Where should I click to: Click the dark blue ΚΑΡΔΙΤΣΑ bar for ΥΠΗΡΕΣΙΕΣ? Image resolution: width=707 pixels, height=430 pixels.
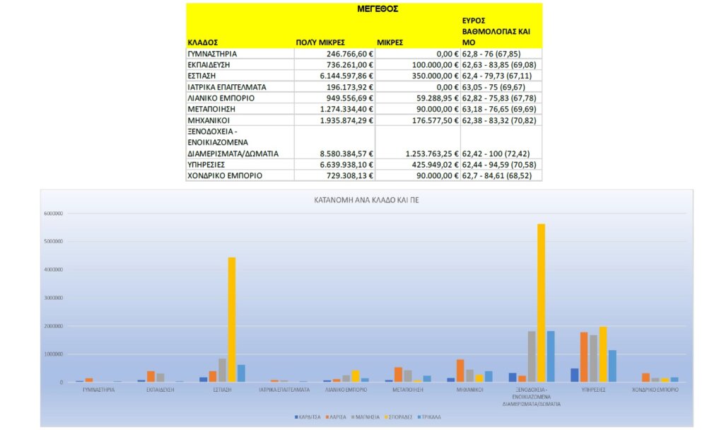[x=574, y=375]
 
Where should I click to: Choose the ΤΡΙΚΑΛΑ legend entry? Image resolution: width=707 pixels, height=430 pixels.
[x=429, y=417]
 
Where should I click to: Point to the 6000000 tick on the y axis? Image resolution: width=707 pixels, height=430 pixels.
[x=54, y=213]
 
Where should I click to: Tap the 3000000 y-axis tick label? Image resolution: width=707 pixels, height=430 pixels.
[x=54, y=298]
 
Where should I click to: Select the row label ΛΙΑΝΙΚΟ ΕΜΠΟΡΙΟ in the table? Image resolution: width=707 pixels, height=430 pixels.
[x=221, y=98]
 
